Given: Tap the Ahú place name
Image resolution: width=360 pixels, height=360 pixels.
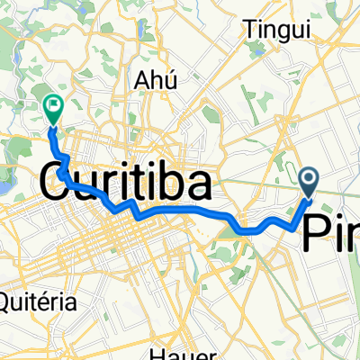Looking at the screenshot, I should point(152,79).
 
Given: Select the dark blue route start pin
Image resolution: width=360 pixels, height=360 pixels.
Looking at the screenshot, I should point(310,183).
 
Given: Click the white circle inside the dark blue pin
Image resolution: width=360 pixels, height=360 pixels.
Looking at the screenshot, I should point(310,180).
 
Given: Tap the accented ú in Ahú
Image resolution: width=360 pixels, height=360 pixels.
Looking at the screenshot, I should point(166,79).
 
